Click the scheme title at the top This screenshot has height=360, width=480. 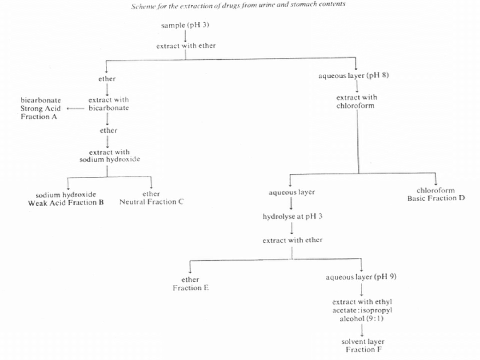click(x=238, y=6)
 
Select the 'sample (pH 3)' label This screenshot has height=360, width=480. click(x=185, y=25)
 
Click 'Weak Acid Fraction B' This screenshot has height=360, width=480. click(x=66, y=203)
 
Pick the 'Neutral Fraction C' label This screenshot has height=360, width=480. click(x=152, y=202)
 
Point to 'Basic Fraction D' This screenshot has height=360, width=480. click(x=436, y=198)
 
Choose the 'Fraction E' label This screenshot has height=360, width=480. click(x=191, y=288)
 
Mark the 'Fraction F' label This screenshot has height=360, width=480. click(x=363, y=349)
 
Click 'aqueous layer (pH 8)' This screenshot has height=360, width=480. click(x=354, y=76)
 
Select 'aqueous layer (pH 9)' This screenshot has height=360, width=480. click(x=361, y=277)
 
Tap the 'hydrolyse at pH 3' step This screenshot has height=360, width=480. click(x=292, y=217)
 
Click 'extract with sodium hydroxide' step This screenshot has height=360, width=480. click(x=109, y=156)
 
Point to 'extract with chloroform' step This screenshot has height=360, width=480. click(x=356, y=101)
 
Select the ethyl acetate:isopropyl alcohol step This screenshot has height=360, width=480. click(x=362, y=310)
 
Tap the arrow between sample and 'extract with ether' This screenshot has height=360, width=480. click(x=185, y=36)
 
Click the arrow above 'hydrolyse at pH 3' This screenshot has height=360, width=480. click(x=292, y=204)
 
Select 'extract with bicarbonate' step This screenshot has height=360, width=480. click(x=108, y=104)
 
